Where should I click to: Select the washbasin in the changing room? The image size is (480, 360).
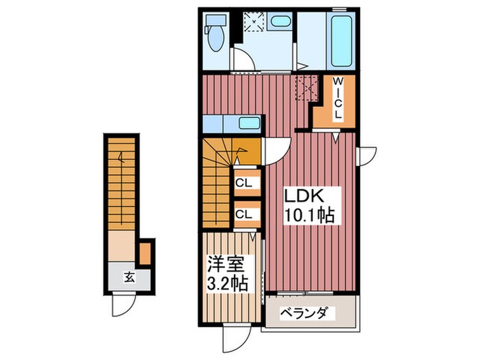coord(280,21)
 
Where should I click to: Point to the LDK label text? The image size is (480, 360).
coord(304,195)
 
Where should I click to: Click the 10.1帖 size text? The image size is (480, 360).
coord(309,215)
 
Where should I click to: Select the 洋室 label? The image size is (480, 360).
coord(225,263)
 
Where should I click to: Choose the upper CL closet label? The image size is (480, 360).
coord(244,183)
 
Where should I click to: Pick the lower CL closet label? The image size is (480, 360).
coord(244,214)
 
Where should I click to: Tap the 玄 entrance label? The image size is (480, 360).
coord(129,278)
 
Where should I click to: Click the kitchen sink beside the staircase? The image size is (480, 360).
coord(248,125)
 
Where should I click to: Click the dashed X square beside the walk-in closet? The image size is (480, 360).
coord(307,88)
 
